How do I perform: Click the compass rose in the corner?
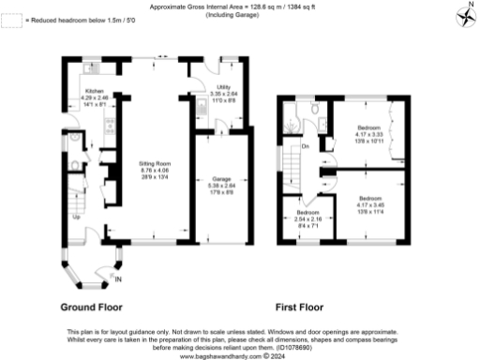(x=464, y=15)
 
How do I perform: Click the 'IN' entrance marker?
(x=117, y=278)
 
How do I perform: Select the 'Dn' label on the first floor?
(x=306, y=146)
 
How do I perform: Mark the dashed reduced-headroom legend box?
(x=10, y=20)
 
